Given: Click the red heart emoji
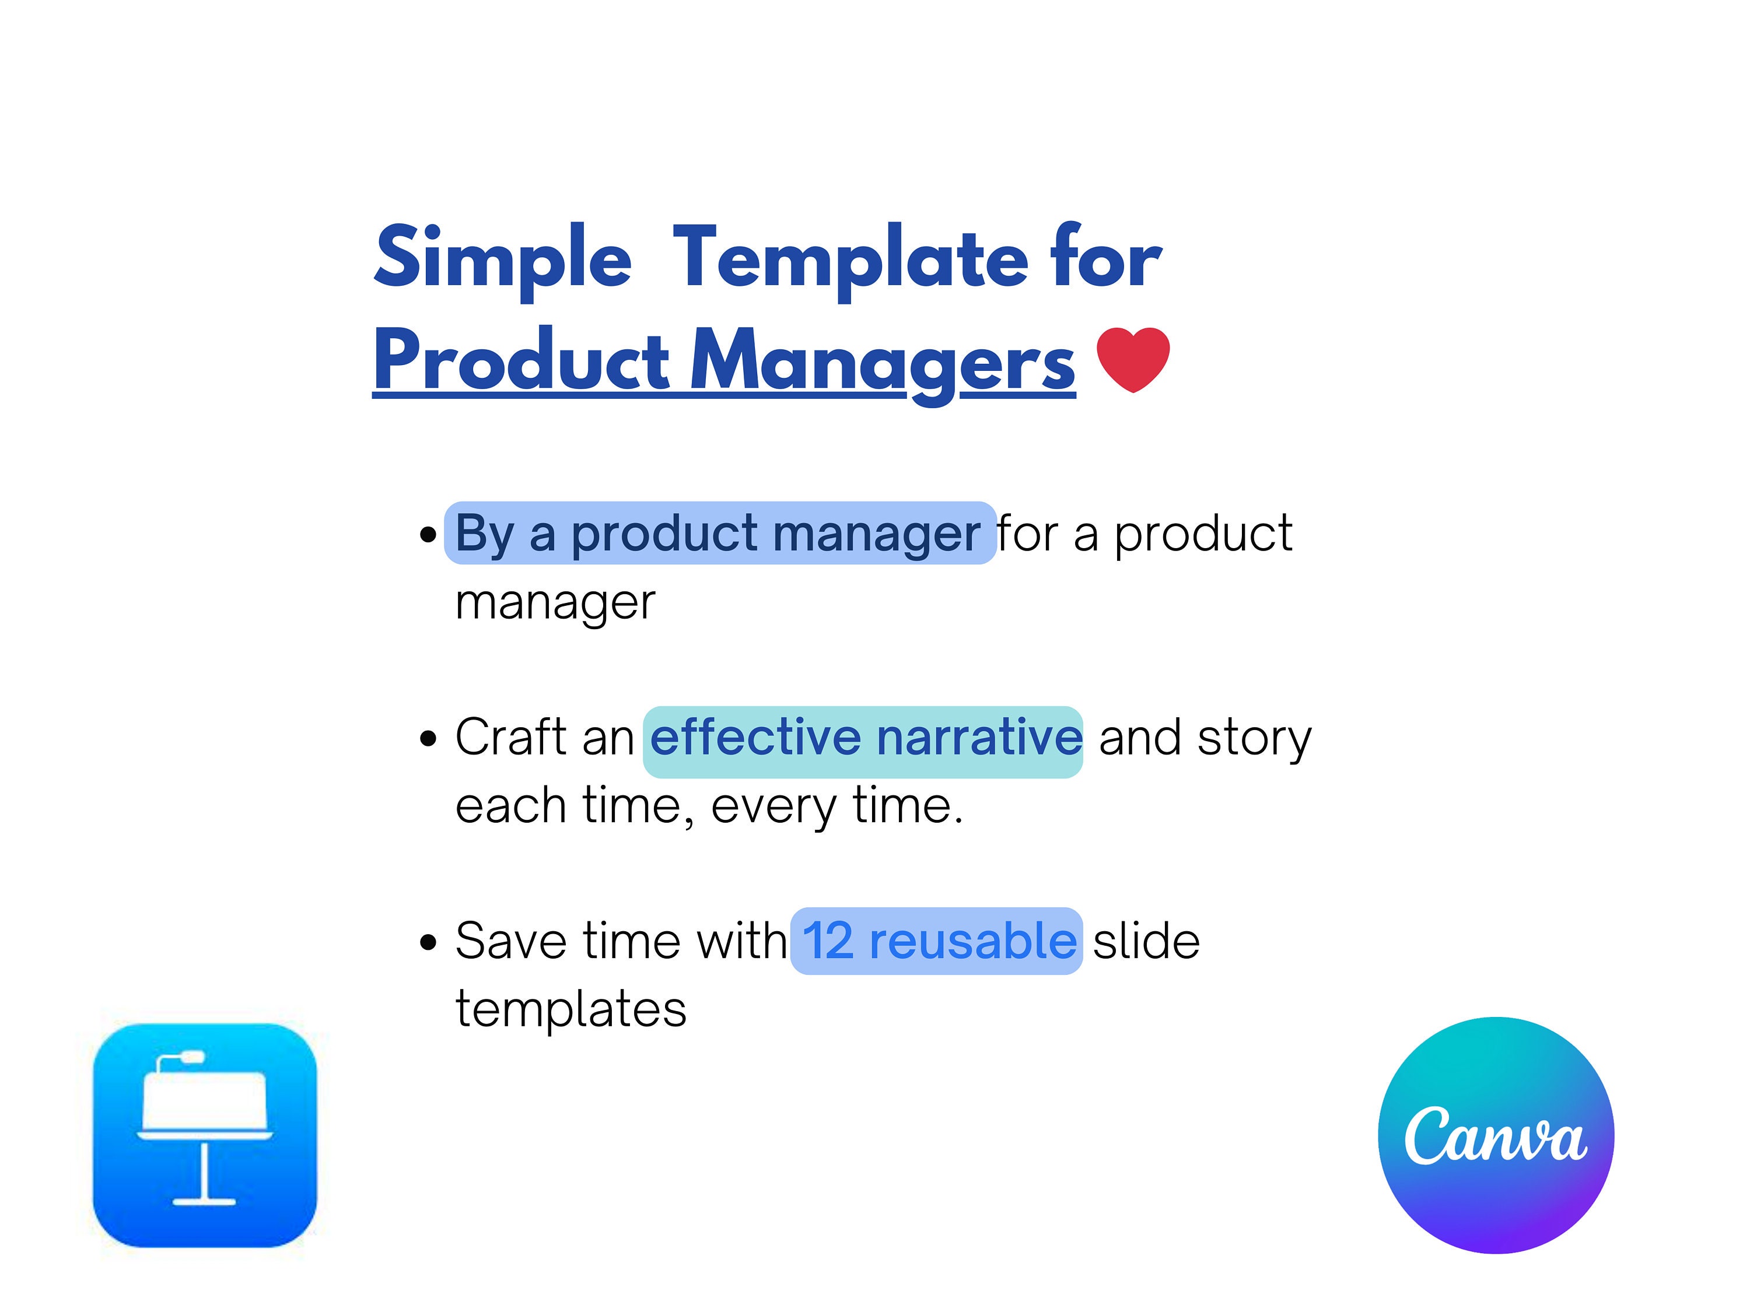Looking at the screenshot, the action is click(x=1133, y=360).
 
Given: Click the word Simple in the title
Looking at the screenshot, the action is click(x=503, y=258).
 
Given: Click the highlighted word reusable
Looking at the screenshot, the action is click(x=972, y=941).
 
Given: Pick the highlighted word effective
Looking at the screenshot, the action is click(x=755, y=737).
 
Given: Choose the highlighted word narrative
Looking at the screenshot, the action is click(x=979, y=737).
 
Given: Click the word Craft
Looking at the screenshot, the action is click(x=511, y=737).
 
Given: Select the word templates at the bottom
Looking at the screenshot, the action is click(x=571, y=1011).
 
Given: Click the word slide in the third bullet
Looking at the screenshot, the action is click(x=1146, y=941).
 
